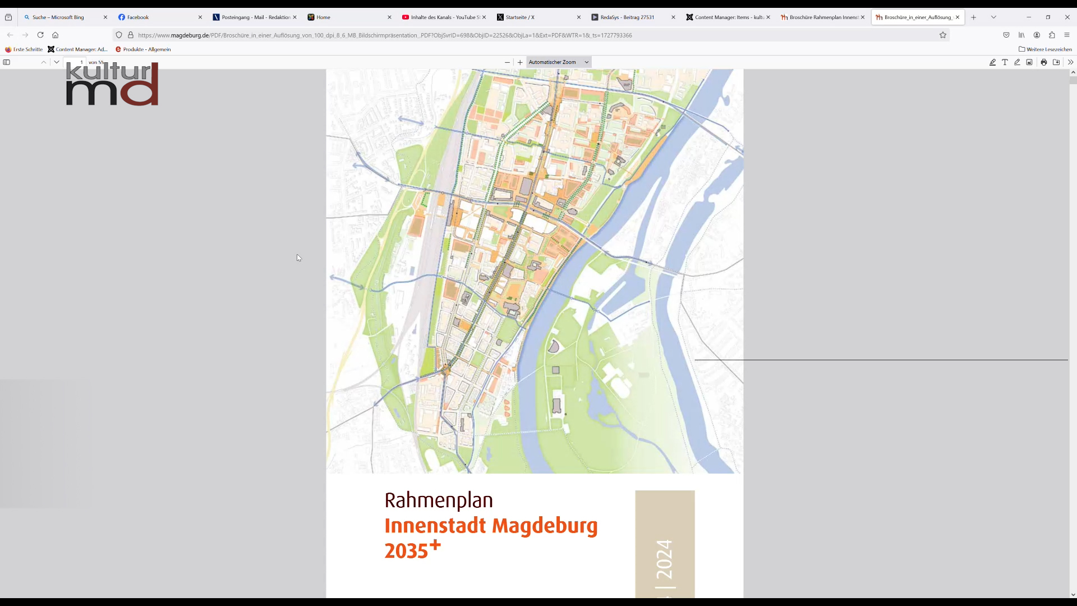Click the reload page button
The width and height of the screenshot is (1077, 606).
(x=40, y=35)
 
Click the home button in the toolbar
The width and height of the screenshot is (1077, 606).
(x=56, y=35)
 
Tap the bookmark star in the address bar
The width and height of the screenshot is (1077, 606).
(x=943, y=35)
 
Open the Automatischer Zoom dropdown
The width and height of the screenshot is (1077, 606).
(x=559, y=62)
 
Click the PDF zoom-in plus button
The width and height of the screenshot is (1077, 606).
(x=520, y=62)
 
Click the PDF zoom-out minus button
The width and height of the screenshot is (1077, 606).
(x=507, y=62)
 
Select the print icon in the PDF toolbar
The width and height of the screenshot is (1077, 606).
(x=1044, y=62)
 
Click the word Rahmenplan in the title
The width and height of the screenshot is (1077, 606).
(x=439, y=500)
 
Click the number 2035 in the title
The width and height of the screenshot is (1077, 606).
(x=406, y=551)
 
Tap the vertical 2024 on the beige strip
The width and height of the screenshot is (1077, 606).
(x=664, y=559)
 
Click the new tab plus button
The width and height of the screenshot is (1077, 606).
(x=974, y=17)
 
